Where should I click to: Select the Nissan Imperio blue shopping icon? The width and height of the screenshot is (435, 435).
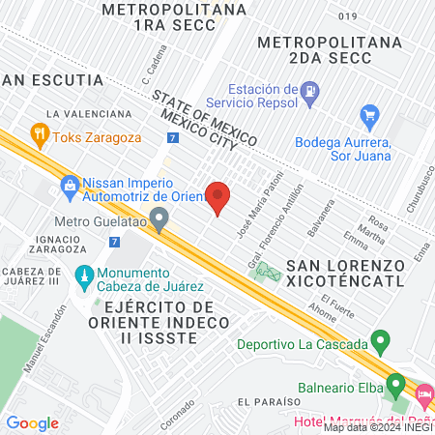tap(69, 184)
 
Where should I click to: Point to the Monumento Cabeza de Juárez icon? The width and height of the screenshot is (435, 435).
tap(83, 277)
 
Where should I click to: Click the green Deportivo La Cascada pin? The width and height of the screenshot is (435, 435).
tap(381, 343)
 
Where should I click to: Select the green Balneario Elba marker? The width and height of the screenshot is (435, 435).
tap(394, 385)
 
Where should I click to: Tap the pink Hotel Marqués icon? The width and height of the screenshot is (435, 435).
tap(423, 395)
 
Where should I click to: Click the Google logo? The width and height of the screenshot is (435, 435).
tap(32, 422)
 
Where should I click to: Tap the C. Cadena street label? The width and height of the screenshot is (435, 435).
tap(149, 67)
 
